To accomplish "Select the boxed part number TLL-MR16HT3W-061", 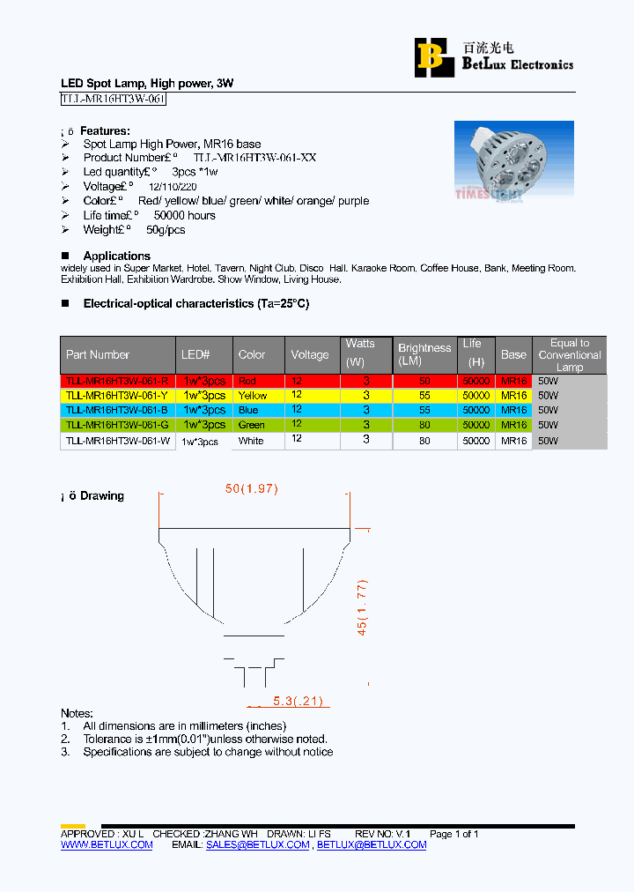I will click(x=113, y=100).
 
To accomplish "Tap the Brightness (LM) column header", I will click(x=424, y=354).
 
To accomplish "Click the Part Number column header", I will click(x=98, y=354).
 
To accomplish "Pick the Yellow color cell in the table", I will click(x=253, y=396).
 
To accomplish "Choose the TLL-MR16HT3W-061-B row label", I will click(x=117, y=410).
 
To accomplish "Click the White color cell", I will click(x=251, y=441).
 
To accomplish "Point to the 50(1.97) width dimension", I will click(x=252, y=489).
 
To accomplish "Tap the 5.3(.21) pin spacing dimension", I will click(x=298, y=702).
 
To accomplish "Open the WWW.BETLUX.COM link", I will click(x=107, y=844).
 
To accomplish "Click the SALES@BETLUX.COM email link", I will click(x=258, y=844).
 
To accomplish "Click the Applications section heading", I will click(x=116, y=256).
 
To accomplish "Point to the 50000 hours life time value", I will click(x=184, y=215).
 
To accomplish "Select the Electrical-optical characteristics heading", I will click(x=195, y=303).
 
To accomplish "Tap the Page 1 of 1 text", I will click(x=453, y=834).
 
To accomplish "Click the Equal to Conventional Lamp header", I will click(x=570, y=354).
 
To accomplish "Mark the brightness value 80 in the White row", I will click(x=424, y=441).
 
